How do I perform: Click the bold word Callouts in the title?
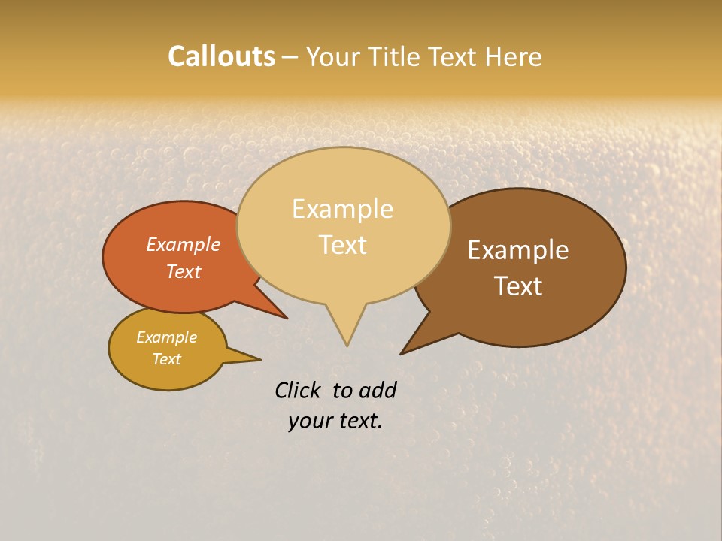coord(221,56)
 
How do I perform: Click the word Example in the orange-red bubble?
coord(184,244)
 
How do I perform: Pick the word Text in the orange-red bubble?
coord(184,271)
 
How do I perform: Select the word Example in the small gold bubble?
coord(167,337)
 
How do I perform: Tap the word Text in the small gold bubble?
coord(167,359)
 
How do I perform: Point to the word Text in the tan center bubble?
coord(343,244)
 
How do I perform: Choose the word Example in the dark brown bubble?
coord(518,249)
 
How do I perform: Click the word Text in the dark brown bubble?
coord(518,286)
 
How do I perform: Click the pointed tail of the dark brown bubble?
coord(405,352)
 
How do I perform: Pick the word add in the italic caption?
coord(377,390)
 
